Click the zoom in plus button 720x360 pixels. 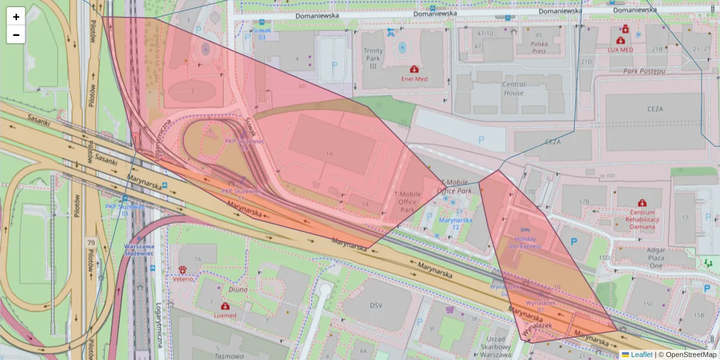point(16,16)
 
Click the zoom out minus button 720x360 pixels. point(16,35)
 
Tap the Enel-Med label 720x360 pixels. point(414,79)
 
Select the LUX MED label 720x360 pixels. point(620,50)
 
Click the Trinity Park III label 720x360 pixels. point(373,58)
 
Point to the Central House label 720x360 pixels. point(514,89)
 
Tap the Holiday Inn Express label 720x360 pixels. point(525,242)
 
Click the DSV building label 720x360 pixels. point(376,305)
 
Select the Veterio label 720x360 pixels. point(183,278)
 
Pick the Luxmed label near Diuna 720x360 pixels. point(225,315)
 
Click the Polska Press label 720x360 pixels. point(539,47)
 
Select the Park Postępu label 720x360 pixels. point(644,71)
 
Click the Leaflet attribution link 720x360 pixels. point(641,355)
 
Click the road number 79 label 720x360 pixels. point(91,242)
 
